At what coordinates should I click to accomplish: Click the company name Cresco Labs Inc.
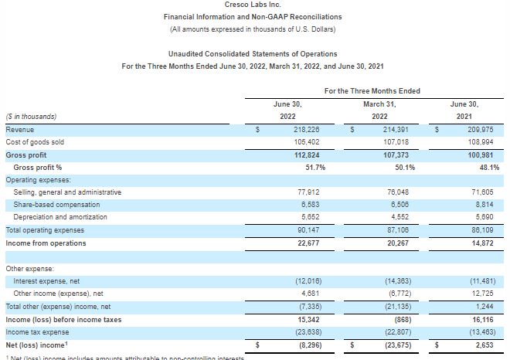pyautogui.click(x=253, y=5)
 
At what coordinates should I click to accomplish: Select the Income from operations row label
pyautogui.click(x=46, y=243)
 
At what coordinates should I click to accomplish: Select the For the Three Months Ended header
pyautogui.click(x=372, y=91)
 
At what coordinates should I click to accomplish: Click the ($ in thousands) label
pyautogui.click(x=31, y=117)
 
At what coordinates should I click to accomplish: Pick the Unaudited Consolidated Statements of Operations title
pyautogui.click(x=253, y=54)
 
